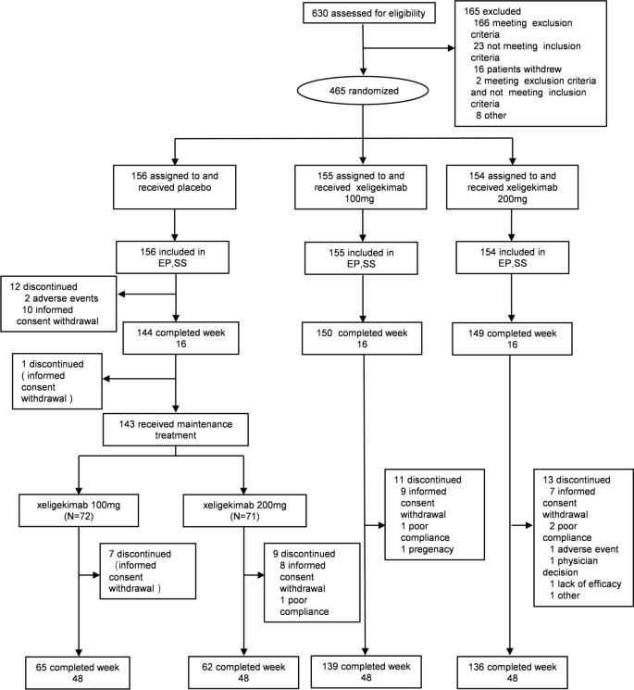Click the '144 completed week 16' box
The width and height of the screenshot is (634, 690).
point(176,333)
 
